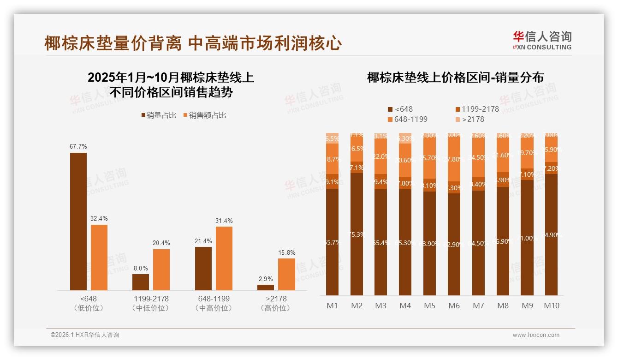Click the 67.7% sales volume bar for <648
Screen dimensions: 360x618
(78, 222)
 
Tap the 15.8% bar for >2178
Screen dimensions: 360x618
(286, 274)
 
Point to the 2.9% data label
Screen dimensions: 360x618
(266, 279)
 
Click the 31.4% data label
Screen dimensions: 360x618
(224, 221)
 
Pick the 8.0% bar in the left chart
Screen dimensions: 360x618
(141, 282)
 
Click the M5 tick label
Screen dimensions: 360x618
(429, 306)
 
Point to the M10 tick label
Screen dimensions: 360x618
(552, 306)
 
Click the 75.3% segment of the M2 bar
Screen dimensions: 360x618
(357, 234)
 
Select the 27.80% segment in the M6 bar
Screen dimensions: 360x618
(454, 159)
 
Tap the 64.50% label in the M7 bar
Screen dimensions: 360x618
(479, 243)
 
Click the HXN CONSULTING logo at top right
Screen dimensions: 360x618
(542, 41)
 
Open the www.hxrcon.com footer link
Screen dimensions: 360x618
(536, 335)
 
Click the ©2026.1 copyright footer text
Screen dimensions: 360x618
(85, 335)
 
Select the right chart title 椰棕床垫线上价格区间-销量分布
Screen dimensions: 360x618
(455, 78)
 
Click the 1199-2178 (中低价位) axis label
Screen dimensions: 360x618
(150, 303)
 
